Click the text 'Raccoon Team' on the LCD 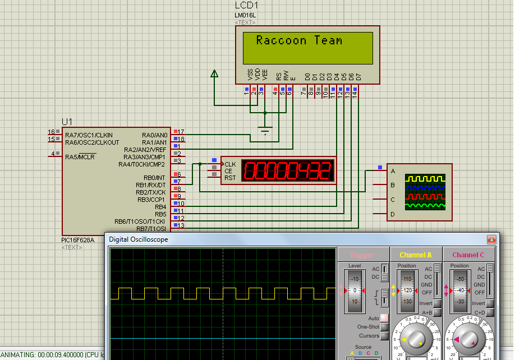pos(299,40)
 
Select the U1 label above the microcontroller pos(67,122)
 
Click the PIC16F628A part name pos(82,240)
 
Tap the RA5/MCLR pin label pos(80,157)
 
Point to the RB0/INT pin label pos(154,178)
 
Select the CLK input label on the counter pos(230,164)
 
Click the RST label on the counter pos(229,178)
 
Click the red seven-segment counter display pos(288,170)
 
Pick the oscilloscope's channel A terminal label pos(393,171)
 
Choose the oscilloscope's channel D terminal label pos(393,214)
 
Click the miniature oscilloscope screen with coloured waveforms pos(426,192)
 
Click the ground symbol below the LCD pos(265,132)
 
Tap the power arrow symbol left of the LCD pos(214,73)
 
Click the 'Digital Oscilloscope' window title pos(139,239)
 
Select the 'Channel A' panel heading pos(415,255)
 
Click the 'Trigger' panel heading pos(361,255)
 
